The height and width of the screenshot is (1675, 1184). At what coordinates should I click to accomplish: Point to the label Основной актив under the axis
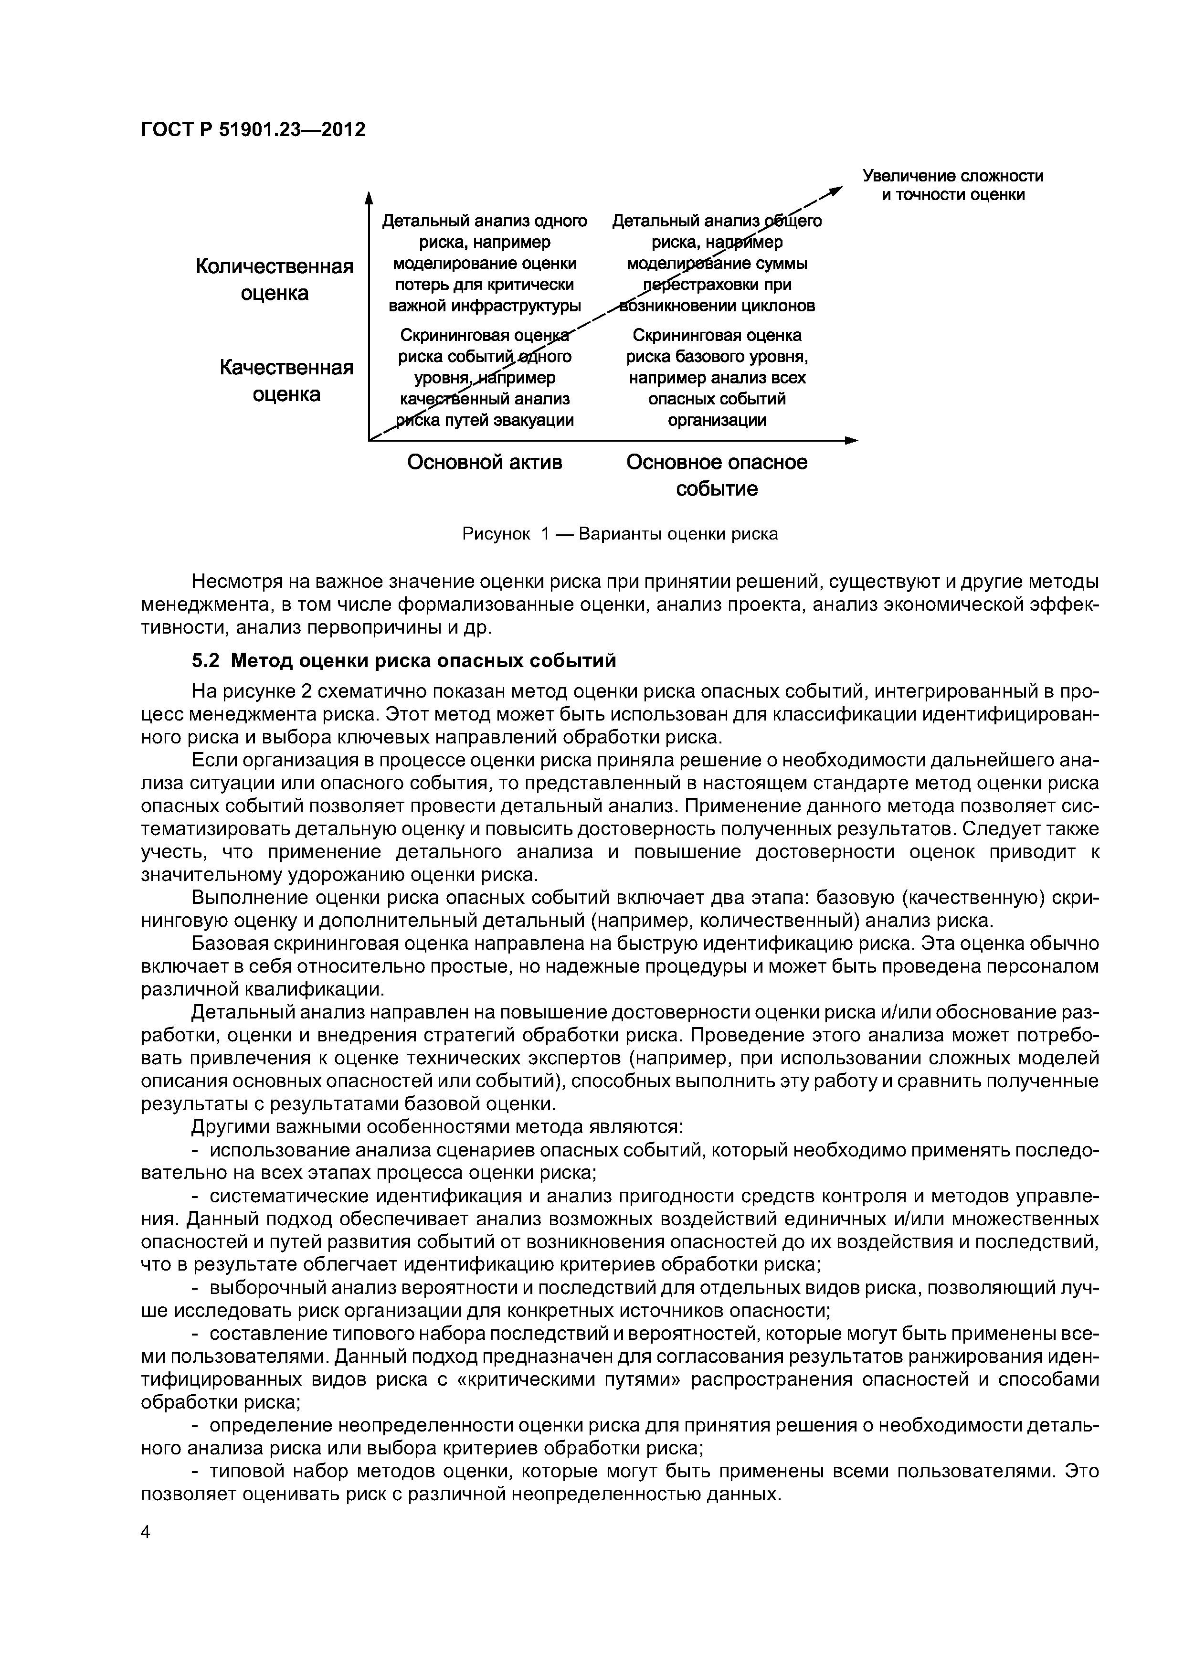[x=485, y=463]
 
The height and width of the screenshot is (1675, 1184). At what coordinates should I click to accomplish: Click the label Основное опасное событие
[x=717, y=476]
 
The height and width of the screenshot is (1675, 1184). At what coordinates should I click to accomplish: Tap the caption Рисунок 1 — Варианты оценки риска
[x=620, y=534]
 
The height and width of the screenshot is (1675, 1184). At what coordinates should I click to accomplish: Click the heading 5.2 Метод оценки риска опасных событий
[x=403, y=661]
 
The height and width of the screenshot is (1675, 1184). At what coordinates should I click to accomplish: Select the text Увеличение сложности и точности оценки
[x=953, y=185]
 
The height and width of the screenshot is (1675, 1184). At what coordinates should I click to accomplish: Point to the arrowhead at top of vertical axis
[x=369, y=197]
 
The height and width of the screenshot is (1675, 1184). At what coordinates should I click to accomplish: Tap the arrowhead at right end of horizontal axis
[x=852, y=440]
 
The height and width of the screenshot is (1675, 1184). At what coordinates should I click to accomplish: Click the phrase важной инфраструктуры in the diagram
[x=485, y=306]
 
